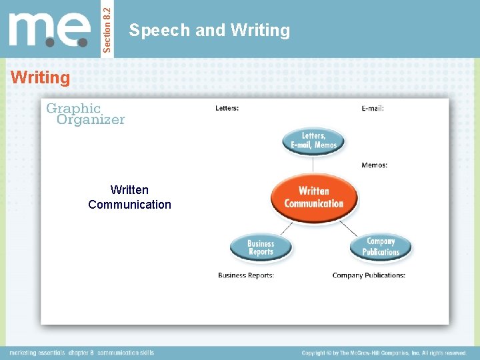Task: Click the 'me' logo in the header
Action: point(49,30)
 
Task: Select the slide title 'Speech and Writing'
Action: point(209,30)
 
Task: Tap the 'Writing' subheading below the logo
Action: point(40,78)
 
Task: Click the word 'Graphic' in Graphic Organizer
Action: point(73,108)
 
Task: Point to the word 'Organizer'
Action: point(91,120)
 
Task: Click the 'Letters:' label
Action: point(227,108)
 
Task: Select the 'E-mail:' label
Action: point(373,108)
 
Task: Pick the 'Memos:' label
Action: point(374,165)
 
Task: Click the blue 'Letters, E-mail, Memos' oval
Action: point(314,141)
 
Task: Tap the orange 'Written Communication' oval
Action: point(314,197)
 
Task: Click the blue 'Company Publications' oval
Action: point(381,247)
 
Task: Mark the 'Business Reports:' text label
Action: point(246,275)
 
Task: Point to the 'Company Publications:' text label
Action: point(369,275)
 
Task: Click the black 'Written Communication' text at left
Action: point(129,197)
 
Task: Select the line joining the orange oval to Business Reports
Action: point(286,228)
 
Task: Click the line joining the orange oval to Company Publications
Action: point(348,227)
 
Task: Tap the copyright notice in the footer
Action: point(383,353)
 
